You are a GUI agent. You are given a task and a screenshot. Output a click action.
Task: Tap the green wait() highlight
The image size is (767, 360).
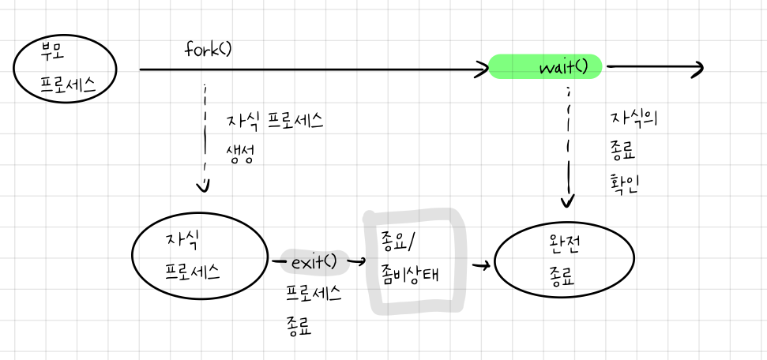546,67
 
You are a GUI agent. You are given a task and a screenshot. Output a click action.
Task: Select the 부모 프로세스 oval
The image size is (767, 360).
66,67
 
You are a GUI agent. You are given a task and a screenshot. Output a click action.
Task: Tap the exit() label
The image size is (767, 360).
314,261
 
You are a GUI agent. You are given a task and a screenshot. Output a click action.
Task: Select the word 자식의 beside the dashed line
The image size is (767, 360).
634,119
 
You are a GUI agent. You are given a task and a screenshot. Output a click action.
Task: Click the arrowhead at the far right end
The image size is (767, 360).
697,69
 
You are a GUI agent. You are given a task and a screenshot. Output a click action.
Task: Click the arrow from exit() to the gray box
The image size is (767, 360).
356,261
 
